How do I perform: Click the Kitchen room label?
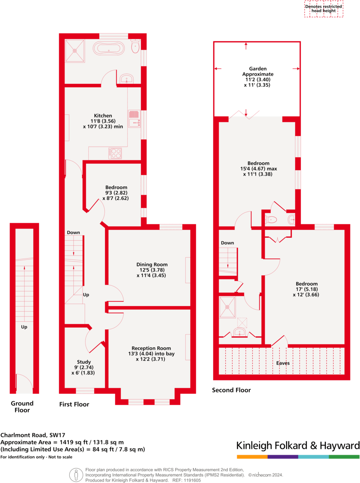coord(103,116)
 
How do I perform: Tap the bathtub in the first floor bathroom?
coord(109,48)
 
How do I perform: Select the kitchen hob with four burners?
coord(115,153)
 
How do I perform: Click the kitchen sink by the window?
coord(134,118)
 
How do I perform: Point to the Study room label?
coord(84,362)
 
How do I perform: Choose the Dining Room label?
coord(152,264)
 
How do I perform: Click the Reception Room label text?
coord(151,348)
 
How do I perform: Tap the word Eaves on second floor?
coord(282,363)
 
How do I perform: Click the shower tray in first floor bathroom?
coord(75,51)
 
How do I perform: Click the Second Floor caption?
coord(232,390)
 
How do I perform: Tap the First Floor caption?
coord(74,404)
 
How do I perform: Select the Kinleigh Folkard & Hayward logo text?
coord(298,445)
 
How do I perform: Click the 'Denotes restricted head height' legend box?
coord(323,9)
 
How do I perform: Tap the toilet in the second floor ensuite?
coord(272,220)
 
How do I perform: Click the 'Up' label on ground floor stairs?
coord(24,327)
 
